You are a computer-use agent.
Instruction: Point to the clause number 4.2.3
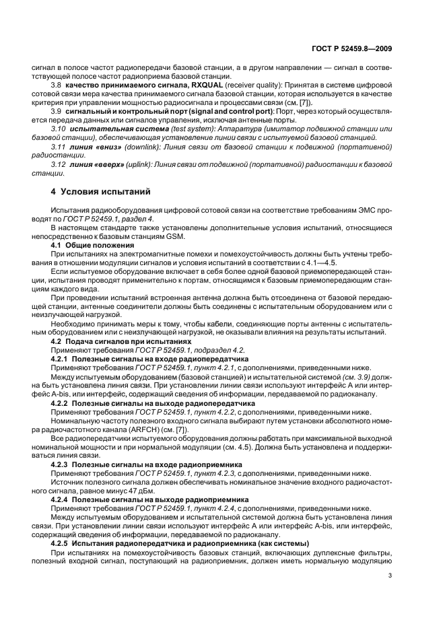tap(61, 464)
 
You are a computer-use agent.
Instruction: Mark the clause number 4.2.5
tap(61, 542)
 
